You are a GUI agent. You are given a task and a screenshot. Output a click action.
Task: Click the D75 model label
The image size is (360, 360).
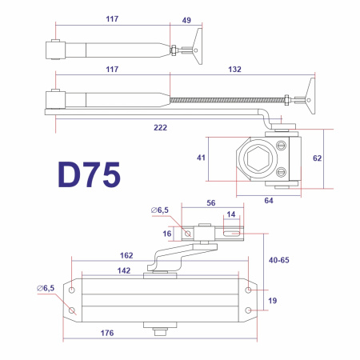[x=89, y=175]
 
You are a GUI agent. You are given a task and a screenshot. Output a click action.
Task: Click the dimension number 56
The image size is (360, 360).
[x=212, y=204]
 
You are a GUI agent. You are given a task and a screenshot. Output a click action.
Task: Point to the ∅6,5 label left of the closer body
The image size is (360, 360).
[x=46, y=288]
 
